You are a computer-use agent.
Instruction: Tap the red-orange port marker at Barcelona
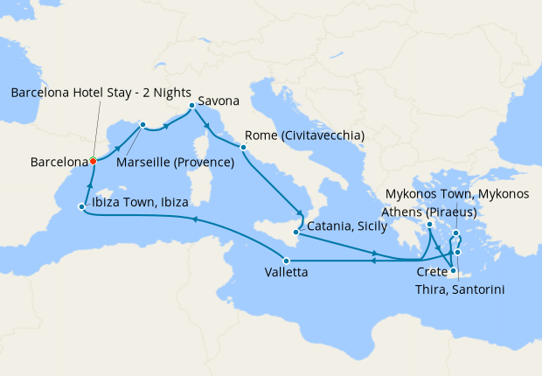(x=93, y=161)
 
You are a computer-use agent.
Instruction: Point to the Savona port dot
(x=191, y=107)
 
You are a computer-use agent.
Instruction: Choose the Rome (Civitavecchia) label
(x=305, y=136)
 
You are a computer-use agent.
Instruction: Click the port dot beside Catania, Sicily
(x=296, y=233)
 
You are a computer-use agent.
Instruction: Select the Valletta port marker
(x=286, y=260)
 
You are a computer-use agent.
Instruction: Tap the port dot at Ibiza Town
(x=81, y=207)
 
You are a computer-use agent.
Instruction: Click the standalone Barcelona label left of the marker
(x=59, y=162)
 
